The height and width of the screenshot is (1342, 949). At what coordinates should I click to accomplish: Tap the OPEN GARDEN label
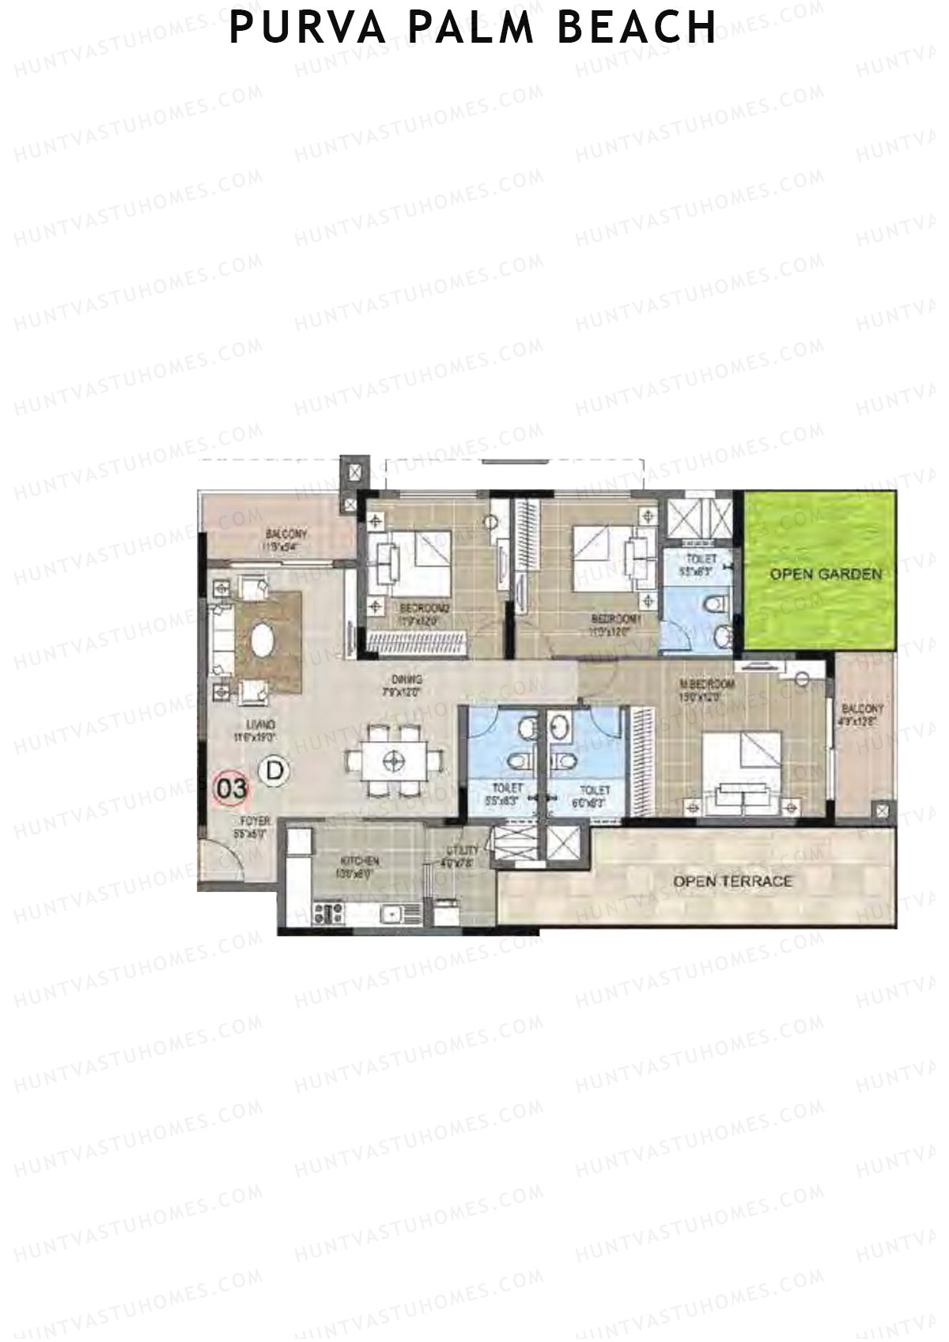tap(826, 574)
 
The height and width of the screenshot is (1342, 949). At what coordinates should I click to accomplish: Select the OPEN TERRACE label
tap(732, 881)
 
